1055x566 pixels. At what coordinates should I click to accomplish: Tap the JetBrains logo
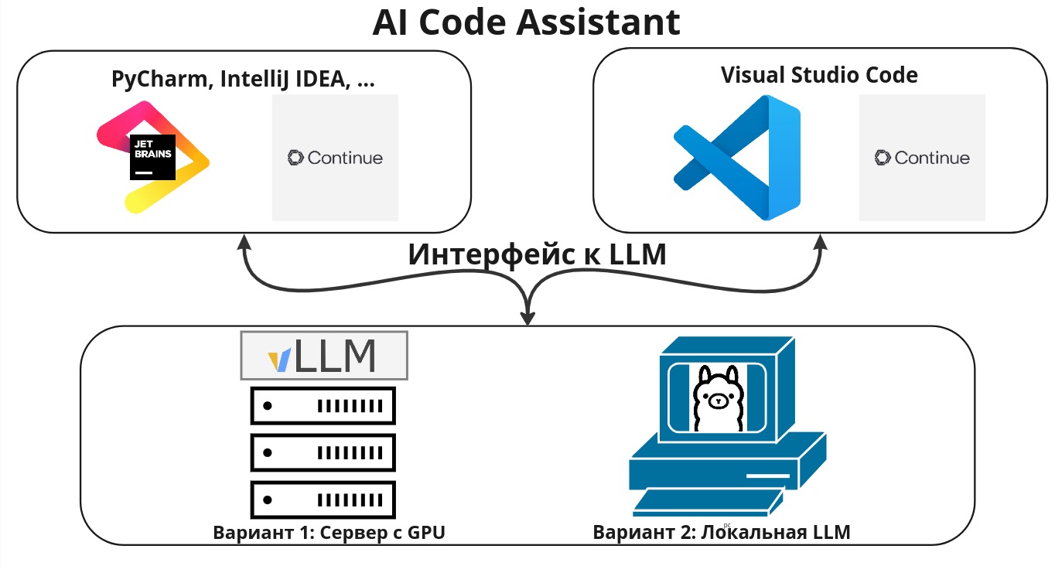pyautogui.click(x=153, y=157)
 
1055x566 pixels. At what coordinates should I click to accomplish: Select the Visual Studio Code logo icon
pyautogui.click(x=736, y=157)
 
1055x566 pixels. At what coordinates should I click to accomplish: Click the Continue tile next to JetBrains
pyautogui.click(x=335, y=158)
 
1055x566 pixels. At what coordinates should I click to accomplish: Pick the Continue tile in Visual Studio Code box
pyautogui.click(x=922, y=158)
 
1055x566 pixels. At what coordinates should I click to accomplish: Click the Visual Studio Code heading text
pyautogui.click(x=819, y=75)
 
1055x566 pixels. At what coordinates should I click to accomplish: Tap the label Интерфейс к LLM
pyautogui.click(x=537, y=254)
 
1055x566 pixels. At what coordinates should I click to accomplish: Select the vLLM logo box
pyautogui.click(x=324, y=356)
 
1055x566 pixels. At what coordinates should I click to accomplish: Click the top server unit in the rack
pyautogui.click(x=323, y=404)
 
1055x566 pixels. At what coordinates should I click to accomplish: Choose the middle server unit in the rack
pyautogui.click(x=323, y=452)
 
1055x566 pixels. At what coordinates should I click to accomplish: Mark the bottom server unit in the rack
pyautogui.click(x=323, y=499)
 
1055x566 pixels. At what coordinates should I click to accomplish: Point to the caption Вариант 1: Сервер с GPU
pyautogui.click(x=329, y=533)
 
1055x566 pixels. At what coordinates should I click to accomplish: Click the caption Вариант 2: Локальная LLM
pyautogui.click(x=721, y=533)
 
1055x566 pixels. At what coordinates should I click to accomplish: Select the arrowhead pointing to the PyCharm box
pyautogui.click(x=245, y=244)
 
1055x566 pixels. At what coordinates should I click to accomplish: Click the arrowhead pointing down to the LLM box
pyautogui.click(x=528, y=317)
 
